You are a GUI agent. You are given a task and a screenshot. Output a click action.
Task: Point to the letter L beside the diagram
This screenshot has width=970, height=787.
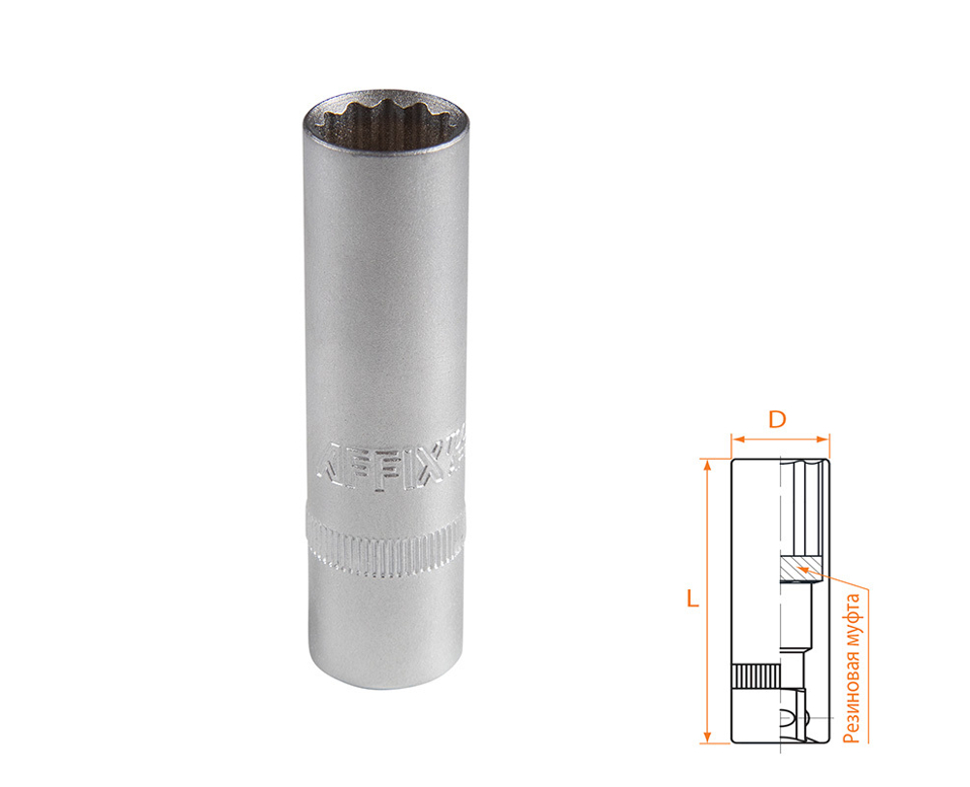pos(691,600)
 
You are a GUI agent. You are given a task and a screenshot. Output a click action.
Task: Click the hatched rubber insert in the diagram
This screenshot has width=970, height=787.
pos(795,570)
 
